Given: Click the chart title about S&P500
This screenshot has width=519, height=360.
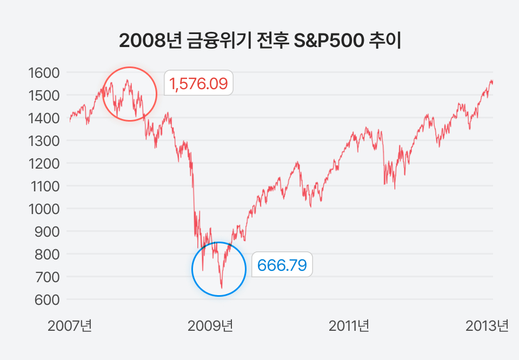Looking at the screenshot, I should (x=259, y=42).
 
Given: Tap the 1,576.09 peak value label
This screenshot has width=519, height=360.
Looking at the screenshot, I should (x=198, y=83).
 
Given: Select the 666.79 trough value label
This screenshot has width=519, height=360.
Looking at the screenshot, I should (x=282, y=265).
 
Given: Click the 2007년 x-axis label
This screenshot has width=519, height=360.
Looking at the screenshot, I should (x=70, y=326).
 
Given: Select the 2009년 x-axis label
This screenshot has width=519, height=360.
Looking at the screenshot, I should (x=210, y=326).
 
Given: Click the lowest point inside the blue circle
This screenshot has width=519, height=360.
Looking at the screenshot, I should (x=222, y=288).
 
